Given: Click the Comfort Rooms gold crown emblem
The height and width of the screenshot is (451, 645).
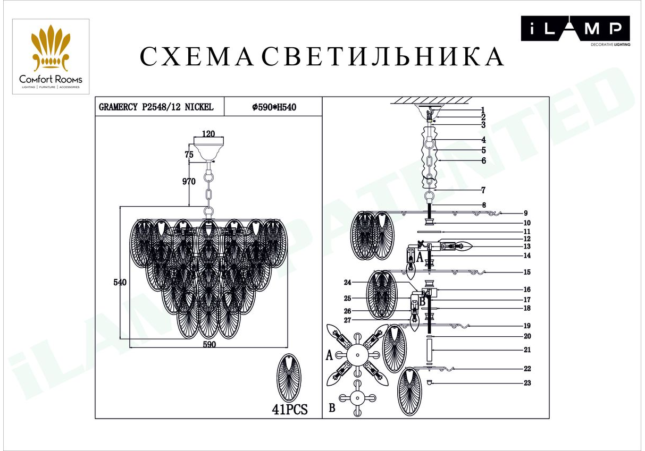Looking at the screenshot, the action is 51,48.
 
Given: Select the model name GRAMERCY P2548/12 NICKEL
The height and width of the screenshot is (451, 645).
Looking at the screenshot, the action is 156,107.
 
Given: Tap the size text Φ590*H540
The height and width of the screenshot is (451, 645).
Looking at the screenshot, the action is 274,107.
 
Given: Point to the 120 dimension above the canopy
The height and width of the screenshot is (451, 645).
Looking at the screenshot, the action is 208,134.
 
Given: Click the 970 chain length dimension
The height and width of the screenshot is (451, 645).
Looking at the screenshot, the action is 189,182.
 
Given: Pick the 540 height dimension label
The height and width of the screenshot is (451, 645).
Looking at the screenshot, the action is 120,282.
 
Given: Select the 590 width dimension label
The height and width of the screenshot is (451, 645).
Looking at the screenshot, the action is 209,344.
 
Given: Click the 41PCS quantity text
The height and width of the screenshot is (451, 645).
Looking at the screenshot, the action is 290,409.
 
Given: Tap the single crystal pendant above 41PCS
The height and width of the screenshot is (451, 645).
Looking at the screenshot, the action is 289,378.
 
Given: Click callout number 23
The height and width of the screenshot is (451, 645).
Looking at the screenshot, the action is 527,383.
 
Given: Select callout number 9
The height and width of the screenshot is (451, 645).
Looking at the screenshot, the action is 525,213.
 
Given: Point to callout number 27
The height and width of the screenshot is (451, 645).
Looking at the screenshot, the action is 348,320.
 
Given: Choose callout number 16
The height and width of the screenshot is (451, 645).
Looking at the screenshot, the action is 527,290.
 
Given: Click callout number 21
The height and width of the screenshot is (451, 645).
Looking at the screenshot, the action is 527,350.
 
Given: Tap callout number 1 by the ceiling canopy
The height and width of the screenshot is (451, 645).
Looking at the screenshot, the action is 483,110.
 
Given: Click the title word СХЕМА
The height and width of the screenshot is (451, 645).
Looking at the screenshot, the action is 197,57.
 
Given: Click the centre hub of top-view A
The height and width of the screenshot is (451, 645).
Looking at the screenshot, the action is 357,355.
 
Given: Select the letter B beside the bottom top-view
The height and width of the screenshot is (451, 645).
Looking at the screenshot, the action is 332,407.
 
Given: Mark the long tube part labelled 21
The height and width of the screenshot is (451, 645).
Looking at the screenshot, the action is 429,350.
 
